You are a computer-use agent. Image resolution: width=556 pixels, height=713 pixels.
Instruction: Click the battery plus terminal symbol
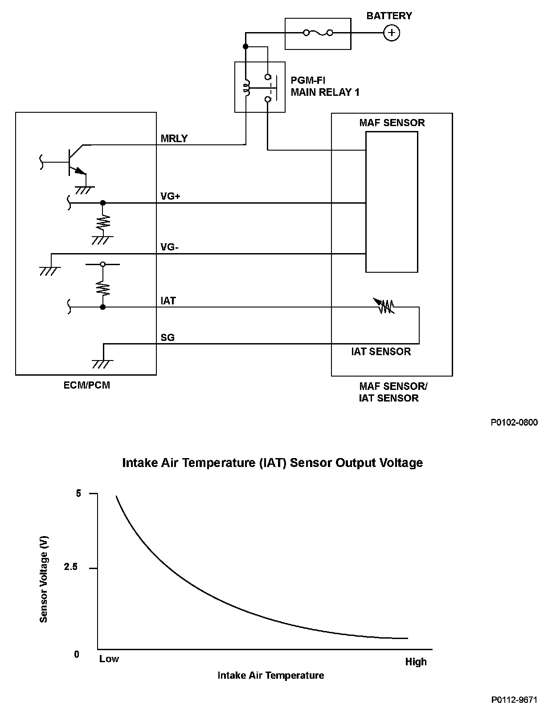391,33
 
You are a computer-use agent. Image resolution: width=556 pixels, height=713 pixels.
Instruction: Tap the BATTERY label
389,16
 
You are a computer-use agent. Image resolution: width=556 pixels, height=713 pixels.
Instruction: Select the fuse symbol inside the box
318,33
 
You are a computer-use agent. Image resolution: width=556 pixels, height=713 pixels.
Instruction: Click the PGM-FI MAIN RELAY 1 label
325,86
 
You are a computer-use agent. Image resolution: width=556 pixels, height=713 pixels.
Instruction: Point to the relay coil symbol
245,87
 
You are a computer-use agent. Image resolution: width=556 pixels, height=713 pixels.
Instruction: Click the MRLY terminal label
174,139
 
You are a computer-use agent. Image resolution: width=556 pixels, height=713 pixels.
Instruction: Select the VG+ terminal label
170,196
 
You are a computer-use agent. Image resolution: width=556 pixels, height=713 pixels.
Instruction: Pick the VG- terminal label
169,247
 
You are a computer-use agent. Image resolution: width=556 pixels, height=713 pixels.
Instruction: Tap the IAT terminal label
168,301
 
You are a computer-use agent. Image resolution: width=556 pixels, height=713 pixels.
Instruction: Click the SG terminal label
168,337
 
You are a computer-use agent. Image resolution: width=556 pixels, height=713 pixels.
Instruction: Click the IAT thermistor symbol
386,307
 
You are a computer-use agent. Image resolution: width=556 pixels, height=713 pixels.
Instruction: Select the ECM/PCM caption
86,385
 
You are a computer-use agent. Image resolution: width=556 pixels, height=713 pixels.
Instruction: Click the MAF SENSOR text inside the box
392,123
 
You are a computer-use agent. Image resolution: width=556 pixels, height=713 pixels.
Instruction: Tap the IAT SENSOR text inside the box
381,352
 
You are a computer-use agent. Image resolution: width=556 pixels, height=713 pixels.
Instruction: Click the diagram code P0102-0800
514,422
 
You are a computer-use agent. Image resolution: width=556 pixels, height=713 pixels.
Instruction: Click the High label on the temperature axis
416,662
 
